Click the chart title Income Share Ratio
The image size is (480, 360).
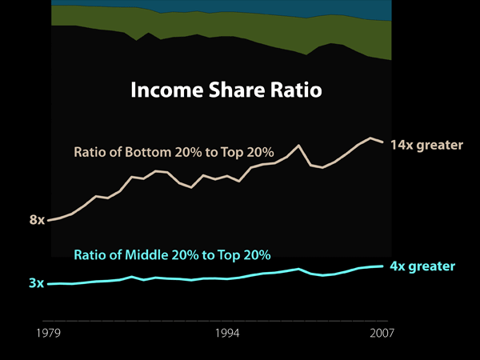coord(226,90)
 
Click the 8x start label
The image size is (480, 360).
coord(37,219)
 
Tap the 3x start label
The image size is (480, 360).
coord(36,283)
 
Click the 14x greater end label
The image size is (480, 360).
coord(426,146)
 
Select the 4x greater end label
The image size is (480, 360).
coord(422,266)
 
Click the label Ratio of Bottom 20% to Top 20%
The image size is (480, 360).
coord(174,152)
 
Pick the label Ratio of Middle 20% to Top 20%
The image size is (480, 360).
coord(172,255)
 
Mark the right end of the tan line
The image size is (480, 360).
coord(384,143)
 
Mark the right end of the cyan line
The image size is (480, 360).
coord(384,266)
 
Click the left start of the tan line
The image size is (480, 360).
coord(49,220)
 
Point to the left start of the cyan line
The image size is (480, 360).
coord(49,284)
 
